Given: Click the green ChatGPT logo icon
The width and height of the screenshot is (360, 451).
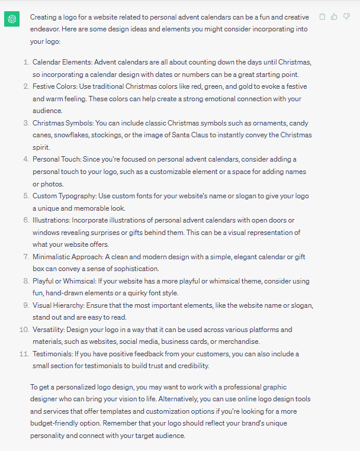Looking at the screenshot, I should pos(12,19).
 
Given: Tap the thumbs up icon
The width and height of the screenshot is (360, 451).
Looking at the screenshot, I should pos(334,17).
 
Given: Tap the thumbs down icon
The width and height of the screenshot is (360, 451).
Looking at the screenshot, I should pos(346,17).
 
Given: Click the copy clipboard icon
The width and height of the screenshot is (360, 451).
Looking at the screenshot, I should pos(322,17).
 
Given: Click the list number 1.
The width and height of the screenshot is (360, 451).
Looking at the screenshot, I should pos(25,62).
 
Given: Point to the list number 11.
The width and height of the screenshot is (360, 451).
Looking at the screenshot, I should pos(24,354).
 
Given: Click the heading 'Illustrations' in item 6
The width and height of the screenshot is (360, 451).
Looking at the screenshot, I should pos(52,220).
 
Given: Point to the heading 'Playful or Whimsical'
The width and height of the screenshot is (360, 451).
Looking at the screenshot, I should pos(64,281).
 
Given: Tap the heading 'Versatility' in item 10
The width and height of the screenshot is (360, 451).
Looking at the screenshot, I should pos(49,330).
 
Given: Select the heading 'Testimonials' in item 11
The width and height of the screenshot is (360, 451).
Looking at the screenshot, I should pos(53,354).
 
